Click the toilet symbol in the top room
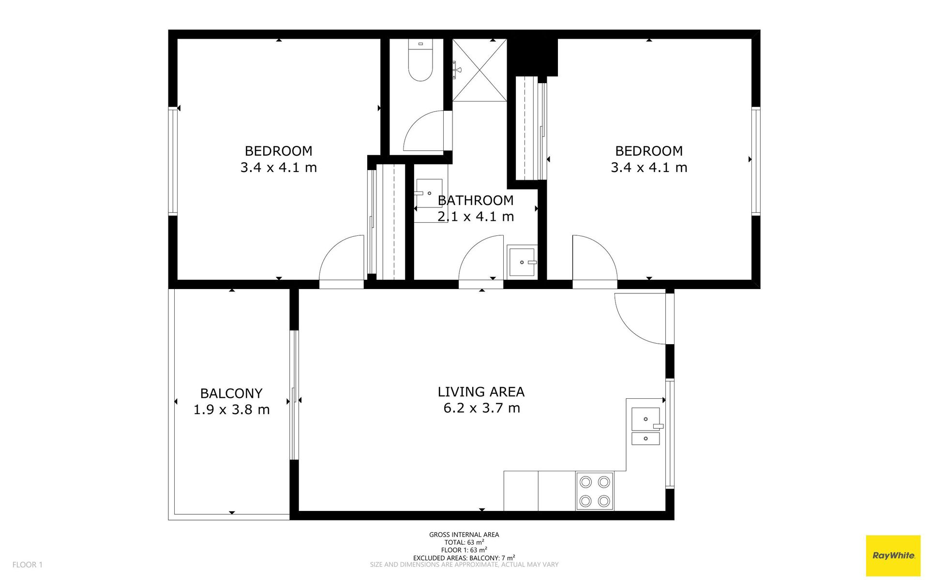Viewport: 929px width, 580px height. pos(420,60)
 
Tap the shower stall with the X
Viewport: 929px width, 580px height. pos(479,70)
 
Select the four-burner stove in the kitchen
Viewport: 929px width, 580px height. pos(595,491)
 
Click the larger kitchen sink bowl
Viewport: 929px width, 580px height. pos(645,419)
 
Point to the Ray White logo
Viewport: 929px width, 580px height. pos(893,555)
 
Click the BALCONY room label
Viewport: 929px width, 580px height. pos(231,393)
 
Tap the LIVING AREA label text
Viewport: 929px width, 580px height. pos(481,391)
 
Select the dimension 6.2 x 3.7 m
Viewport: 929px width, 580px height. pos(481,408)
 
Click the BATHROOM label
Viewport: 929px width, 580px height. pos(476,200)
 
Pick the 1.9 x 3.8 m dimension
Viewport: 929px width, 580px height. pos(231,409)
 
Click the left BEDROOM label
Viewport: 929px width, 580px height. pos(278,151)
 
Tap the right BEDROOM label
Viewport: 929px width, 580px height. pos(649,151)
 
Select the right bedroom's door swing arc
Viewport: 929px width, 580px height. pos(604,248)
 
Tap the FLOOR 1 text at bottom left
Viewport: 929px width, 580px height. pos(28,565)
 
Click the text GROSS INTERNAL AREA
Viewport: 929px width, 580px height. pos(464,535)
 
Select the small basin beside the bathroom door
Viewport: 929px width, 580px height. pos(522,261)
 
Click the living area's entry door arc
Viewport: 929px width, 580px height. pos(630,329)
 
